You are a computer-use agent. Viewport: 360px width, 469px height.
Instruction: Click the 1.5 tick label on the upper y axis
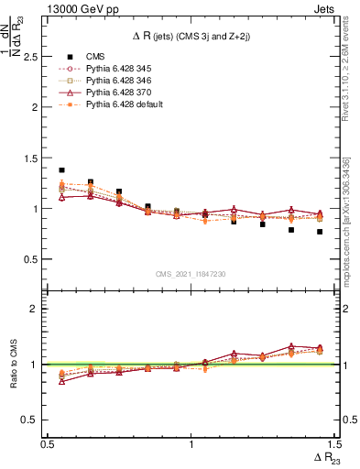[x=32, y=158]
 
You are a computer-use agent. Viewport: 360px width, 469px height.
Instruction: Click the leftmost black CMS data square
[x=61, y=170]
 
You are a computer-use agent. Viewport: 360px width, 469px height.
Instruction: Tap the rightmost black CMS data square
[x=320, y=232]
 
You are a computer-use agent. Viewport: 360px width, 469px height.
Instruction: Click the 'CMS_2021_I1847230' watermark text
[x=191, y=273]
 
